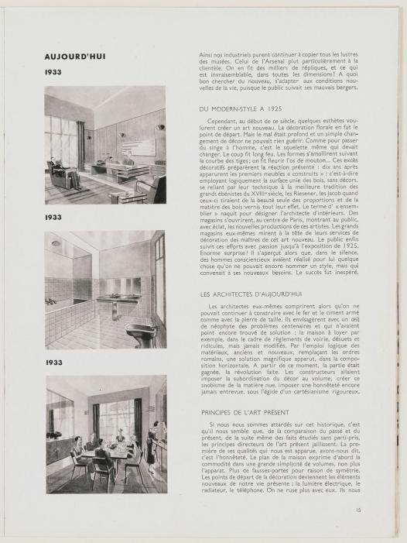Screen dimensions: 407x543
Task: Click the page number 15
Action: (x=358, y=531)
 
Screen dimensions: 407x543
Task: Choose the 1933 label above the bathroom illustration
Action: (x=53, y=218)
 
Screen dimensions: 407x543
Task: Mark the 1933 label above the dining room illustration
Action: (x=53, y=362)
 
